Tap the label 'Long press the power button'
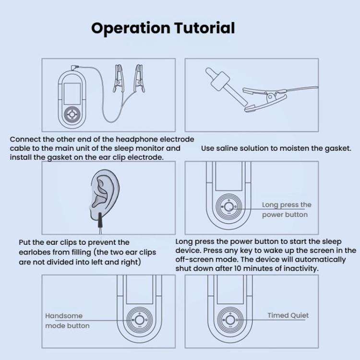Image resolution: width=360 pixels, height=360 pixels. click(286, 210)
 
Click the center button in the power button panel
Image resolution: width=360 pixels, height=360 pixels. click(229, 207)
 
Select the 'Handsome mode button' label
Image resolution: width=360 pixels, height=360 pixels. click(67, 321)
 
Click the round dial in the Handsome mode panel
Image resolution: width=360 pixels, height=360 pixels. click(140, 320)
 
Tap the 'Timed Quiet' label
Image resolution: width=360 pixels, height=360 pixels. click(288, 315)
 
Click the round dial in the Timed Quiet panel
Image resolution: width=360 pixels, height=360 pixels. click(229, 320)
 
